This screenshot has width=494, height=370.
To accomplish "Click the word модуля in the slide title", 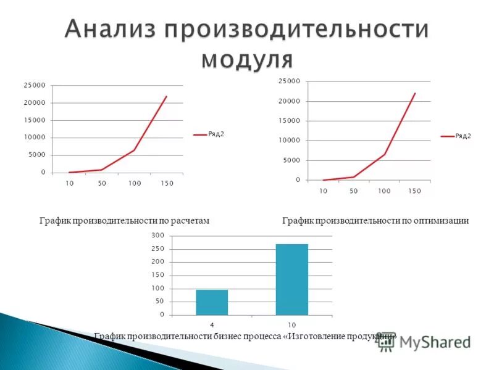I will [247, 59].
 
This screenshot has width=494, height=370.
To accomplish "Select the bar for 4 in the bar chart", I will [212, 302].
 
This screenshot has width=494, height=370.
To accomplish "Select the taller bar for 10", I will [291, 279].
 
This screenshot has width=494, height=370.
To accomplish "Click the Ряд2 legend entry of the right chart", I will [463, 136].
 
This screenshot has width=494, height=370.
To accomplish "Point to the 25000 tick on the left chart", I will [34, 85].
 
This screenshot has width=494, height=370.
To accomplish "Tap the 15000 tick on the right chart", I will [289, 121].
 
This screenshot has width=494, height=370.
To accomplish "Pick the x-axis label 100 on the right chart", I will [384, 191].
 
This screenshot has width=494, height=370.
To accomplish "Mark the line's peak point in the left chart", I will [167, 96].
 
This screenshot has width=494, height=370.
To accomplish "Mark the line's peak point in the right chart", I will [415, 93].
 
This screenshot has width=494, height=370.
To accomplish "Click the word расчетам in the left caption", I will [192, 220].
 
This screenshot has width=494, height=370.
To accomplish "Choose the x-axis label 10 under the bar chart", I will [291, 325].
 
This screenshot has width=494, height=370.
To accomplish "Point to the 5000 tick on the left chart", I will [36, 155].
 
